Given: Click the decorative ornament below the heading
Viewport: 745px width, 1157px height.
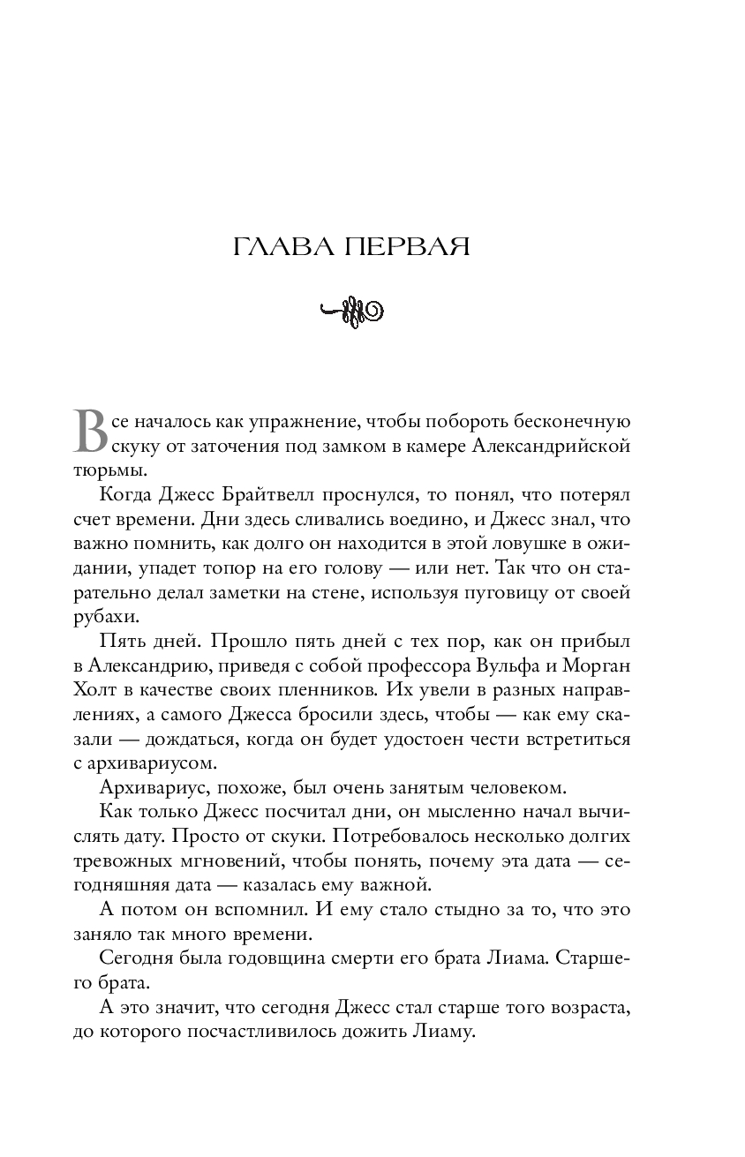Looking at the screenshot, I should click(350, 310).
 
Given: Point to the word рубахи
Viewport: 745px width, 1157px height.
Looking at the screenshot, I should click(102, 617).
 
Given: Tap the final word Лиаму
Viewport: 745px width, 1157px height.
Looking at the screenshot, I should click(448, 1030).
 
